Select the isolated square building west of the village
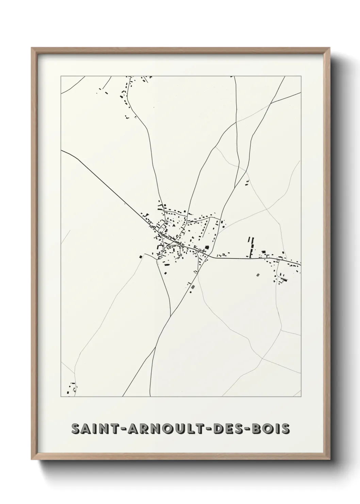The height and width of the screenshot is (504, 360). tap(140, 257)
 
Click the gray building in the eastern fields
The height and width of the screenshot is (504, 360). tap(258, 274)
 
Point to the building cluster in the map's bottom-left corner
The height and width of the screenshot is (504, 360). tap(72, 388)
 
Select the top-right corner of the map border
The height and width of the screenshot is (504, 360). tap(301, 76)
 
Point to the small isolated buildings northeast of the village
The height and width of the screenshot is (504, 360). tap(247, 183)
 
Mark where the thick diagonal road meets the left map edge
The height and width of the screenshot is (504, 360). tap(62, 150)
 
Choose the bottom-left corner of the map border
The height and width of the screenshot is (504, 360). tap(61, 396)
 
